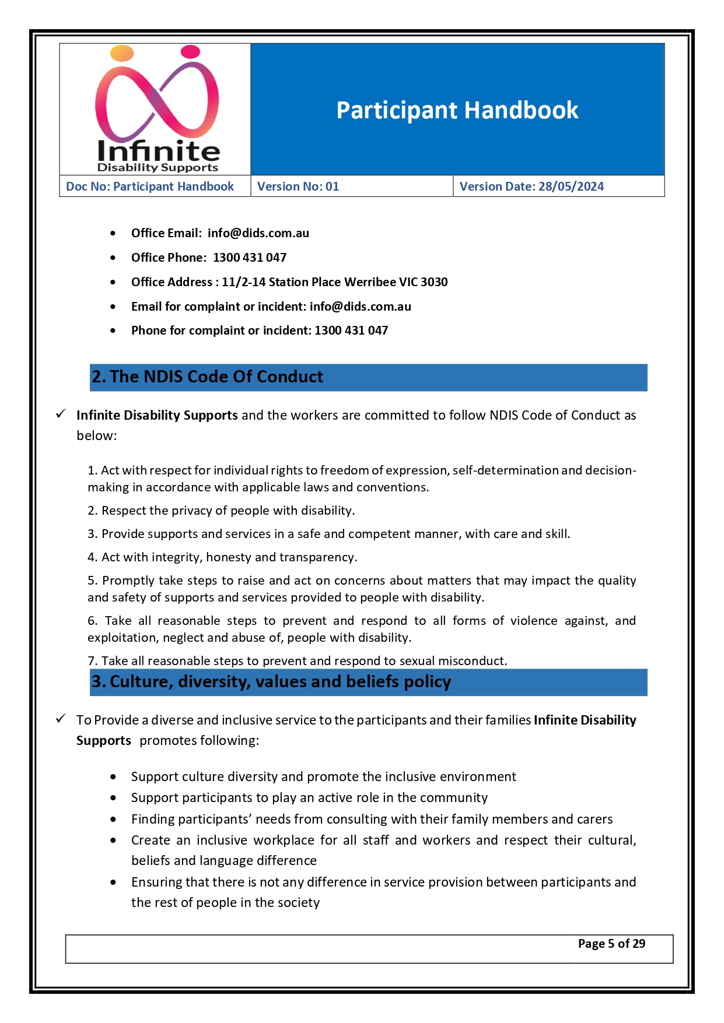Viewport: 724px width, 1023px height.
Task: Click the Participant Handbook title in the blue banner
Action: click(457, 110)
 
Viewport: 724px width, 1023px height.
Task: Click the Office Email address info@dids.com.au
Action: click(258, 233)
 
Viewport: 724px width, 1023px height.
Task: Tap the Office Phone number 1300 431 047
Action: click(250, 258)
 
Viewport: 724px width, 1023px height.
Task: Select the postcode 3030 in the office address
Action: click(434, 282)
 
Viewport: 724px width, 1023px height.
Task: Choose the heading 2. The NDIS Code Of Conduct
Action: click(207, 377)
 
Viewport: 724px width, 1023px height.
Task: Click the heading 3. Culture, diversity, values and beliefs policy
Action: click(271, 682)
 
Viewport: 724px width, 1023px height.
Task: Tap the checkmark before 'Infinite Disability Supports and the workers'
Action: click(61, 414)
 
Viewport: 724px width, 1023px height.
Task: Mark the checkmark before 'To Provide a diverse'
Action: click(61, 719)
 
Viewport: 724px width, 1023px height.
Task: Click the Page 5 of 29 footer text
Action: click(611, 944)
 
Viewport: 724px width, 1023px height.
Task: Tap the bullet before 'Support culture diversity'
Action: click(113, 777)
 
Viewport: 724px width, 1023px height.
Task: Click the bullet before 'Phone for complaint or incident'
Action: click(113, 331)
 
